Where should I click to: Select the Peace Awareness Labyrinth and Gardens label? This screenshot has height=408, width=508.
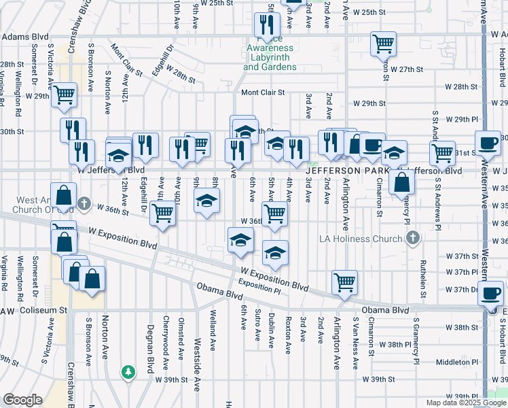tap(270, 58)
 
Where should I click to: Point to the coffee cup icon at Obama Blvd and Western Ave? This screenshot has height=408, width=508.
tap(491, 294)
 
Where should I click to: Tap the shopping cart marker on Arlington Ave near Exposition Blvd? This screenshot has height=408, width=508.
tap(345, 282)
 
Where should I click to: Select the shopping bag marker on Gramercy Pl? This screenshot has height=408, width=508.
tap(402, 182)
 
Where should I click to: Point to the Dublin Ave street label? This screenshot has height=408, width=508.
tap(272, 328)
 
